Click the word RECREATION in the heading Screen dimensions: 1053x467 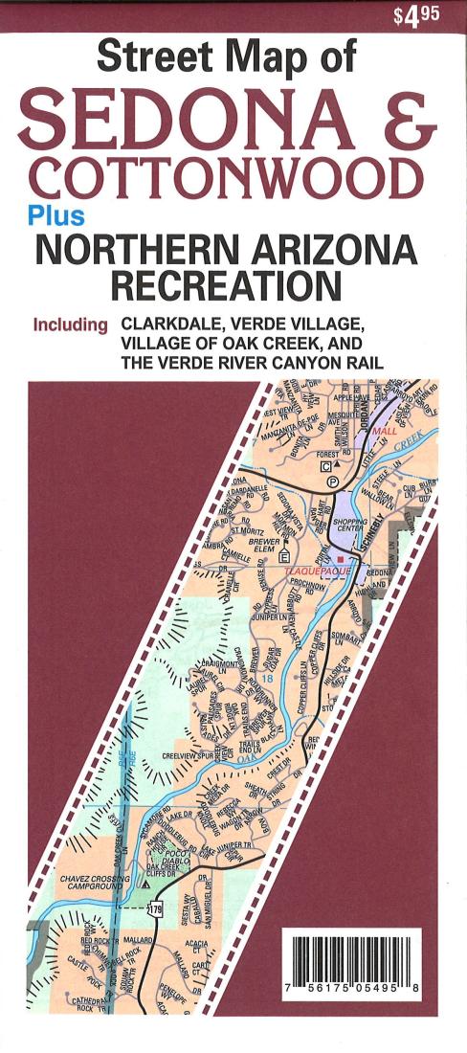coord(226,284)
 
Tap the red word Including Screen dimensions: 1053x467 coord(70,325)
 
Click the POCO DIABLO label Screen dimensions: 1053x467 coord(176,856)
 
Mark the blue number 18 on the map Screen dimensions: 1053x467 coord(269,677)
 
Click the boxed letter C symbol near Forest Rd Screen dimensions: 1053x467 coord(326,466)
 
